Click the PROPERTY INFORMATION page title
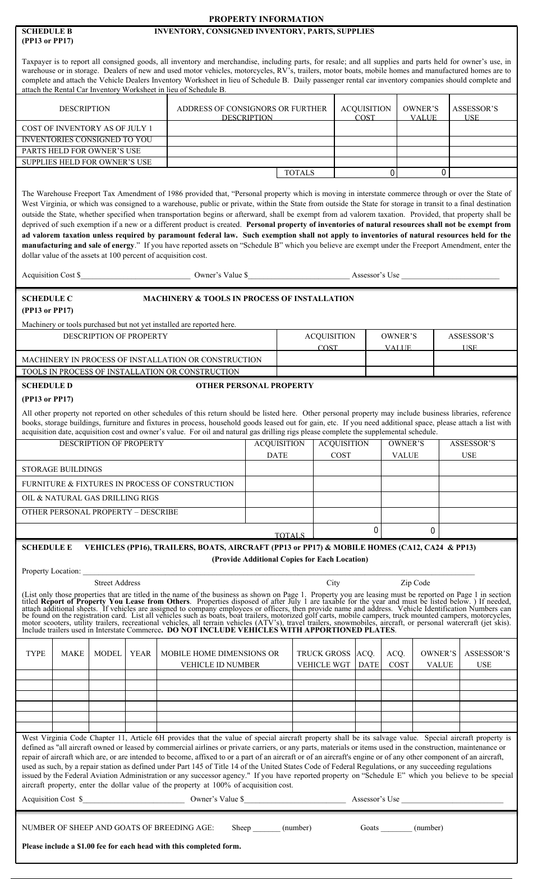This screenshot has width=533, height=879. pyautogui.click(x=266, y=19)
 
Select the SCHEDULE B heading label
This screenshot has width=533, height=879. pyautogui.click(x=47, y=31)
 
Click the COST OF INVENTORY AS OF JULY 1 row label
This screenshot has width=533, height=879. pyautogui.click(x=87, y=128)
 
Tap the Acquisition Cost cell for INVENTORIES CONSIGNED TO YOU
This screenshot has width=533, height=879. pyautogui.click(x=365, y=140)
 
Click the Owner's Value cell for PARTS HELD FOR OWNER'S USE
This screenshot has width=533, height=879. pyautogui.click(x=423, y=151)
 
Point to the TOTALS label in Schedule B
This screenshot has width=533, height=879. pyautogui.click(x=300, y=173)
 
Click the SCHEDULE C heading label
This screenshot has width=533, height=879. pyautogui.click(x=47, y=299)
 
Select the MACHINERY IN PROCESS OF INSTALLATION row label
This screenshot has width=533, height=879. pyautogui.click(x=141, y=359)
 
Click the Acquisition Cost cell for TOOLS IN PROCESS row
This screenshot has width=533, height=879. pyautogui.click(x=321, y=371)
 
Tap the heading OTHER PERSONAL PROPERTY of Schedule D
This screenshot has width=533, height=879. pyautogui.click(x=254, y=386)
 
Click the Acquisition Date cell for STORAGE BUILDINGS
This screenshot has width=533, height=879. pyautogui.click(x=279, y=469)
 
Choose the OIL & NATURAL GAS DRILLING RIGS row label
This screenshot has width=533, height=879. pyautogui.click(x=90, y=498)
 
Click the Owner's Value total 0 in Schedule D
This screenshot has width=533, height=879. pyautogui.click(x=433, y=531)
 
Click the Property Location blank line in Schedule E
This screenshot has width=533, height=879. pyautogui.click(x=278, y=572)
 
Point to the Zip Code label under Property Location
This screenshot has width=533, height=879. pyautogui.click(x=415, y=583)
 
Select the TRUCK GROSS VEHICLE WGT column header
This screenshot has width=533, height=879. pyautogui.click(x=323, y=659)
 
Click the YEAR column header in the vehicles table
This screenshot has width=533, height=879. pyautogui.click(x=140, y=653)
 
